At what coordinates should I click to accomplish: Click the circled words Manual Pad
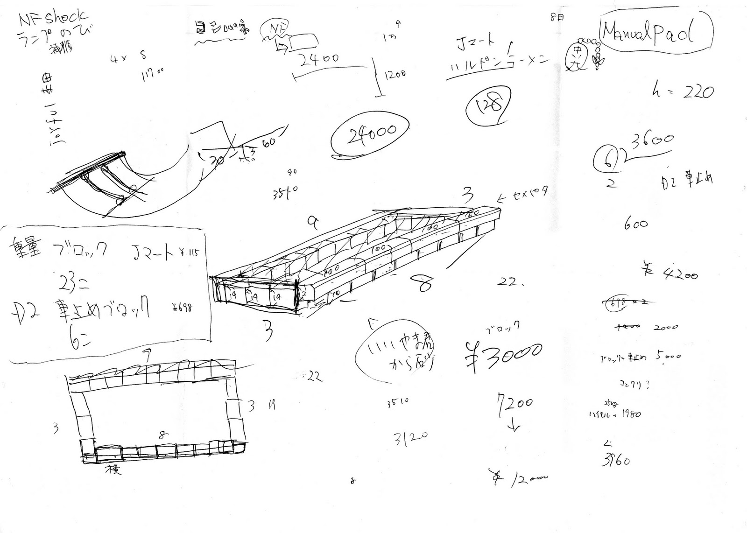tap(655, 33)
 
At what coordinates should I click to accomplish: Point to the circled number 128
tap(488, 106)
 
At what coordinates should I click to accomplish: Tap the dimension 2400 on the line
tap(319, 60)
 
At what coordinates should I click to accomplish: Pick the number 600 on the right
tap(635, 224)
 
